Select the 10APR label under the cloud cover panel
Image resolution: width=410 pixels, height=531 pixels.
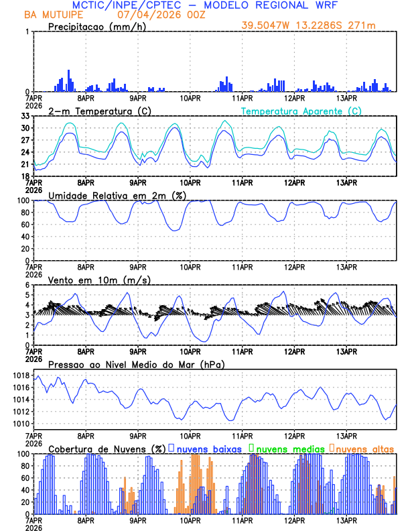(x=190, y=520)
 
